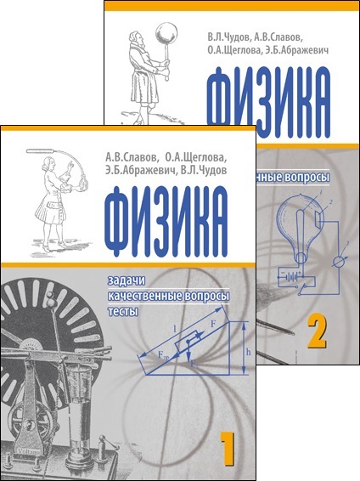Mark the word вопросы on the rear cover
306,180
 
